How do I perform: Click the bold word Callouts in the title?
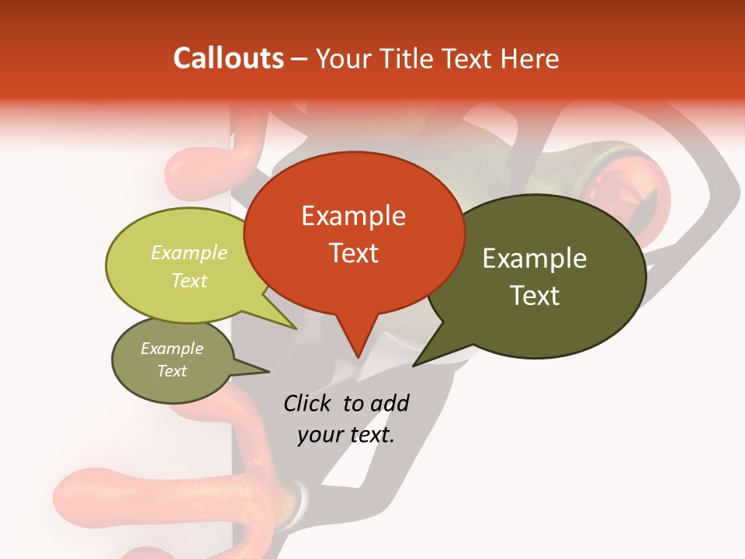coord(228,58)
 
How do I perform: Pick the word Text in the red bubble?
coord(353,252)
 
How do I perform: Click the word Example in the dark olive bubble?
coord(535,259)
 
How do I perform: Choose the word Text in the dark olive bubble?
coord(535,295)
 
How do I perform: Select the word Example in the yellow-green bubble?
coord(189,252)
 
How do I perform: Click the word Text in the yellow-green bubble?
coord(189,280)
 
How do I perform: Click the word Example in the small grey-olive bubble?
coord(172,349)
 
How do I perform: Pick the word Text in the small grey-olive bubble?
coord(172,371)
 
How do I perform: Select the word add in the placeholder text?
coord(389,403)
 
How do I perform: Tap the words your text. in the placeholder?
coord(346,435)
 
